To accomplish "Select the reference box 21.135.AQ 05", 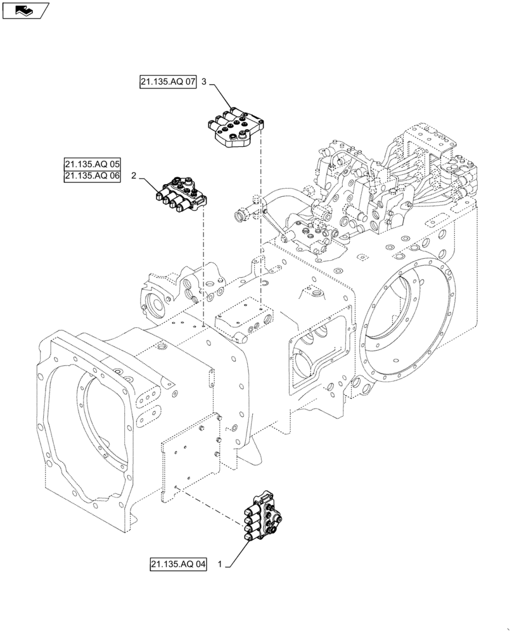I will (92, 165).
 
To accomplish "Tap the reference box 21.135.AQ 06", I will (92, 177).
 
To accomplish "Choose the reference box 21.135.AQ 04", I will (179, 563).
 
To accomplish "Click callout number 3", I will (204, 82).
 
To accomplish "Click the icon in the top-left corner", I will (25, 9).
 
